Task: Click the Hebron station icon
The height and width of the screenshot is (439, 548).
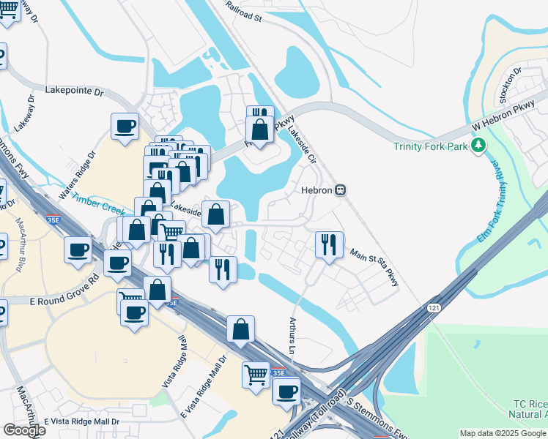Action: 340,190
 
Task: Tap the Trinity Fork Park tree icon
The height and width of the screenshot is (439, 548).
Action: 479,146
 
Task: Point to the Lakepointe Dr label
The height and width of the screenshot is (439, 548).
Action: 75,91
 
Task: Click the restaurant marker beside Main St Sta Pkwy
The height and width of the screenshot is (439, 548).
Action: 329,244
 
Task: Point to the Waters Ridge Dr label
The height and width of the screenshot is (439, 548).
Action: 78,176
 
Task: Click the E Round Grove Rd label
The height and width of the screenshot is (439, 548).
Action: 64,290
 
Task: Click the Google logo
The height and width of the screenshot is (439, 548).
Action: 23,430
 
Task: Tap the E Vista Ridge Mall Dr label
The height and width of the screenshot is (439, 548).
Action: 81,422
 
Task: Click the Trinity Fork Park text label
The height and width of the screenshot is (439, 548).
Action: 429,146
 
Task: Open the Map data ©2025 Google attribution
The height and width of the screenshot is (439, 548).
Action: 503,433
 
